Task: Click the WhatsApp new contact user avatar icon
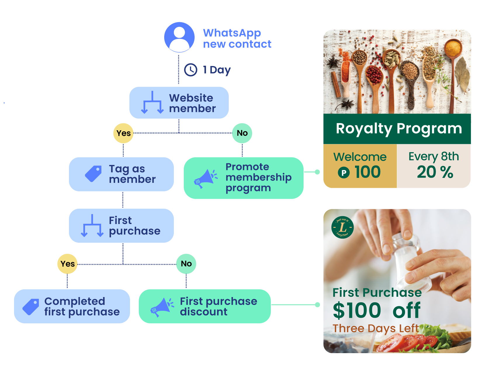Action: [179, 37]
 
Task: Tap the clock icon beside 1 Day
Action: [191, 70]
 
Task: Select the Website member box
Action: [179, 103]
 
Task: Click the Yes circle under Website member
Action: [123, 133]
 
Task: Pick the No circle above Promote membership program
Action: [242, 133]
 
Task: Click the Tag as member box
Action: [121, 174]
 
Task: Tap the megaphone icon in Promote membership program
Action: [206, 178]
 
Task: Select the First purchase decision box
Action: [121, 225]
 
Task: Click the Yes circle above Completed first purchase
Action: [67, 264]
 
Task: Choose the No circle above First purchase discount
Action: [186, 264]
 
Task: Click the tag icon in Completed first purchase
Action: [31, 307]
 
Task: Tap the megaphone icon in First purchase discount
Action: [162, 307]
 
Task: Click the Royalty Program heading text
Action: [399, 129]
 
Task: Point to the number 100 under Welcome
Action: [368, 172]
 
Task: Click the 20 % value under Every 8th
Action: [435, 172]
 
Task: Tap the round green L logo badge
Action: [342, 227]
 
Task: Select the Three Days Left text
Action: [376, 328]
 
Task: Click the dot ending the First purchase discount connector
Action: [317, 305]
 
